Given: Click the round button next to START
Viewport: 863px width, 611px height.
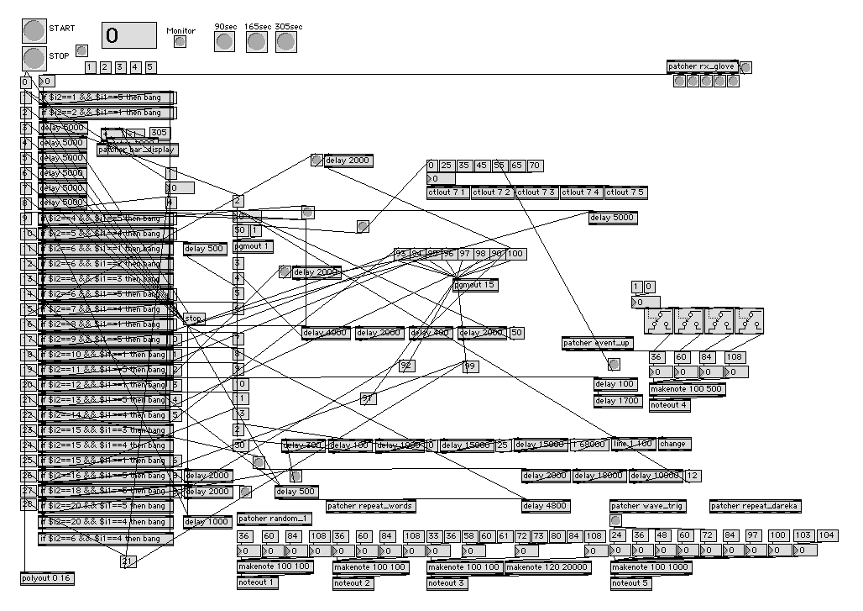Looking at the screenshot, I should click(x=34, y=30).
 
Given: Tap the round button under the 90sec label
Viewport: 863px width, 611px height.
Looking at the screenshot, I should click(x=225, y=41).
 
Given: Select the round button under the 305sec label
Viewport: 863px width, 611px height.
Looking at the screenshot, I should click(x=286, y=41).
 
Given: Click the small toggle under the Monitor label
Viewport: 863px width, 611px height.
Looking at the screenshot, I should click(x=180, y=42).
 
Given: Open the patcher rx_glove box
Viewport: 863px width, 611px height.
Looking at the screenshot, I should click(x=703, y=67).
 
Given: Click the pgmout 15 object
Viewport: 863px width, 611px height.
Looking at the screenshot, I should click(x=475, y=285).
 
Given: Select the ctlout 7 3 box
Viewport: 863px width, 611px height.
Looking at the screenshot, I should click(x=536, y=192).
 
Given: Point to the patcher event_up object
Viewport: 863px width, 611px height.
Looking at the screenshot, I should click(x=598, y=343).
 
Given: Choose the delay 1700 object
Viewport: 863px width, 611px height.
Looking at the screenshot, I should click(x=617, y=401).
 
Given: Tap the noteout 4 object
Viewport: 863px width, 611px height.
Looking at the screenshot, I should click(x=670, y=404).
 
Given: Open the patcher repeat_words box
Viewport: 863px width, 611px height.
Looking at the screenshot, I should click(x=370, y=506).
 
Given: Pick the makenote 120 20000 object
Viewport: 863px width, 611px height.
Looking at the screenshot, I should click(x=546, y=567).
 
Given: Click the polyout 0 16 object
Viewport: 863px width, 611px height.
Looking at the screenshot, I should click(x=47, y=578).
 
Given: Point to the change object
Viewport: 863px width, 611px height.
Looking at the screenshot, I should click(x=673, y=444).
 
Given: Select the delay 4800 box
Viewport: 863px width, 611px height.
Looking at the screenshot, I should click(x=545, y=506).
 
